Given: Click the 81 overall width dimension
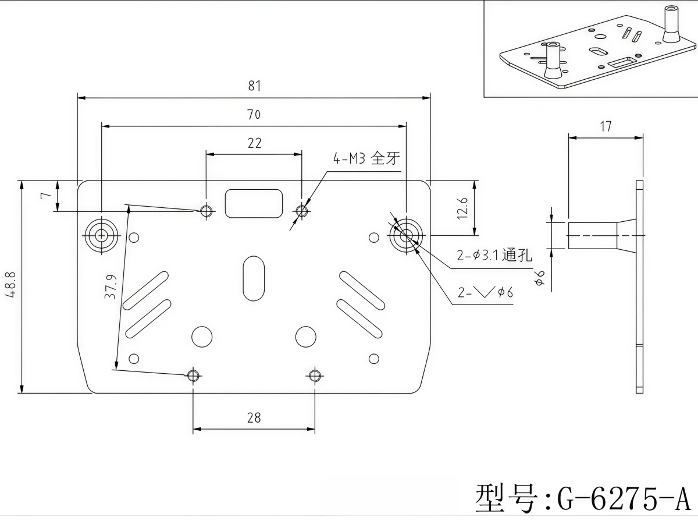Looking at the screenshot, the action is (x=254, y=86).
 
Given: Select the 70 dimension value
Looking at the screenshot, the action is (x=254, y=115).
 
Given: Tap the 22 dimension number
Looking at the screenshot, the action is (x=254, y=143).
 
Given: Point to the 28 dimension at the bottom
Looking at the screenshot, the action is (x=254, y=417).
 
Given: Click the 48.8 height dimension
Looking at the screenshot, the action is (x=10, y=285).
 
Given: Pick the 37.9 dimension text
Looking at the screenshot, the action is (x=111, y=286).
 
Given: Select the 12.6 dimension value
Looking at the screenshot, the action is (x=462, y=208).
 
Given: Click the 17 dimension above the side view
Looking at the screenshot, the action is (x=606, y=126).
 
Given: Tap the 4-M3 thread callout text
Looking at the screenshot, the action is (x=366, y=158).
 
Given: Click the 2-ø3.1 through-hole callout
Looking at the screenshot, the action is (x=494, y=255).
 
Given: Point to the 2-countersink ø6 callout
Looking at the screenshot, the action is (x=485, y=292).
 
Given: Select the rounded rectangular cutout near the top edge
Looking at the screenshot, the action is (x=254, y=204).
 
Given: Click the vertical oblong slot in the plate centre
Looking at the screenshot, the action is (x=254, y=278).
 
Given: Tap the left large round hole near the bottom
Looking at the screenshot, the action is (x=202, y=337).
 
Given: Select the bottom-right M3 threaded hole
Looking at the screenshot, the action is (x=315, y=376).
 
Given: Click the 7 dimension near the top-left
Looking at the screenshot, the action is (x=46, y=195).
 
